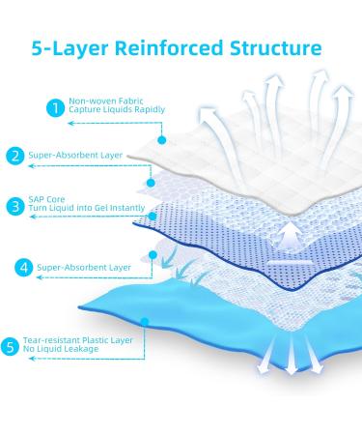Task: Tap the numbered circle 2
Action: click(14, 155)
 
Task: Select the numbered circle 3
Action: click(14, 206)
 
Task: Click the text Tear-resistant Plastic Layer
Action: click(77, 341)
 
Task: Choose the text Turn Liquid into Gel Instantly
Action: click(84, 212)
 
